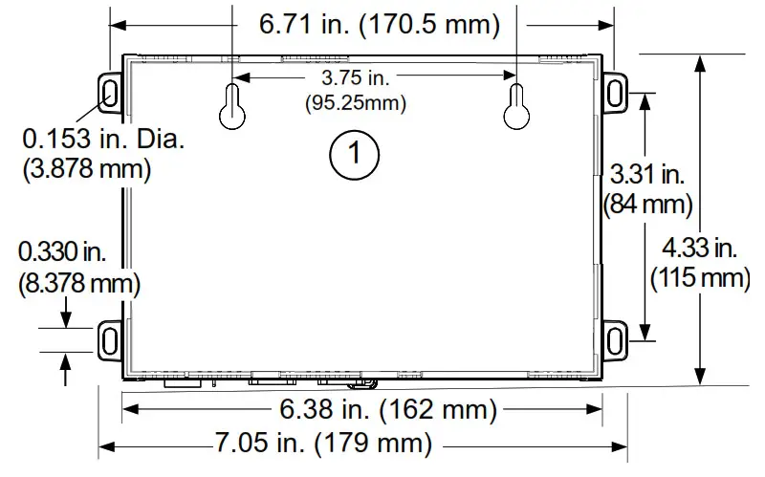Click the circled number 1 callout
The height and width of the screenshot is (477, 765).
(x=355, y=152)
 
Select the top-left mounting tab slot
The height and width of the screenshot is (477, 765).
(x=110, y=92)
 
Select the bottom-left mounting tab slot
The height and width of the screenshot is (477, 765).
(x=110, y=339)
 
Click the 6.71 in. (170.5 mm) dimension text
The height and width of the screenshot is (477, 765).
(x=380, y=25)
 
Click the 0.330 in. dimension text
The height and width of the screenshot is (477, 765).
(x=63, y=252)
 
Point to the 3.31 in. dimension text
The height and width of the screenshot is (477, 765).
(x=647, y=174)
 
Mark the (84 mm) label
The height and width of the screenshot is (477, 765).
(x=647, y=203)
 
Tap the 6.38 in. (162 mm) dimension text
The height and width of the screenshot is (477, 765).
(x=387, y=411)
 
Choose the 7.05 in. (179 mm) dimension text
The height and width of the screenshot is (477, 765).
(x=321, y=444)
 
